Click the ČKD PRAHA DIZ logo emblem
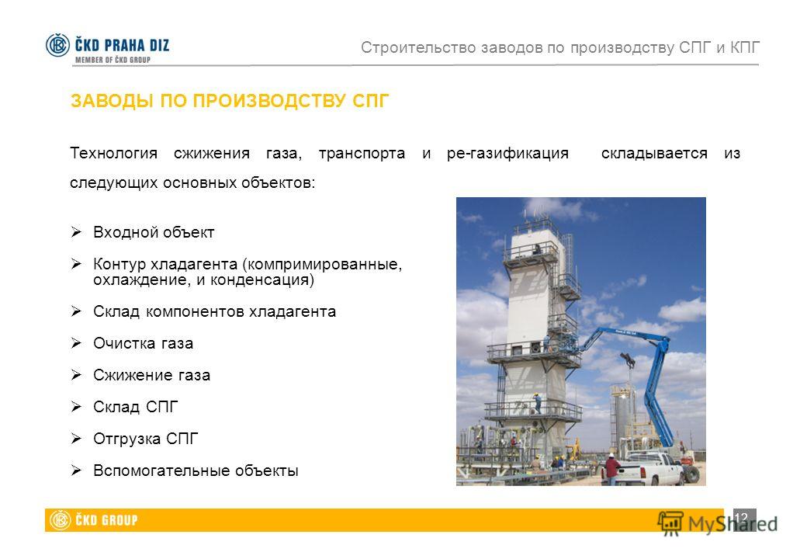pyautogui.click(x=57, y=45)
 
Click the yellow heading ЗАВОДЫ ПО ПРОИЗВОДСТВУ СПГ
pyautogui.click(x=230, y=101)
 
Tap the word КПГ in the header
pyautogui.click(x=745, y=47)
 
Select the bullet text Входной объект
pyautogui.click(x=154, y=233)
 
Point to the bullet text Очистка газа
pyautogui.click(x=143, y=343)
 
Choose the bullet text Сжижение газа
pyautogui.click(x=151, y=375)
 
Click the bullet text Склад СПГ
pyautogui.click(x=135, y=407)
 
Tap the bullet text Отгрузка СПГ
pyautogui.click(x=146, y=439)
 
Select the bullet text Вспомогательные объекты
pyautogui.click(x=196, y=470)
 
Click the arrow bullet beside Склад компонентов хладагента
pyautogui.click(x=76, y=311)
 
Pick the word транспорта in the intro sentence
pyautogui.click(x=362, y=154)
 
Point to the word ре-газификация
pyautogui.click(x=507, y=154)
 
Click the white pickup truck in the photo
pyautogui.click(x=651, y=468)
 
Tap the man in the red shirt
pyautogui.click(x=611, y=469)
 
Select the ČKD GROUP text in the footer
pyautogui.click(x=106, y=520)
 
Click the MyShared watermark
pyautogui.click(x=718, y=523)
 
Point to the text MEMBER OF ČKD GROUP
pyautogui.click(x=113, y=60)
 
